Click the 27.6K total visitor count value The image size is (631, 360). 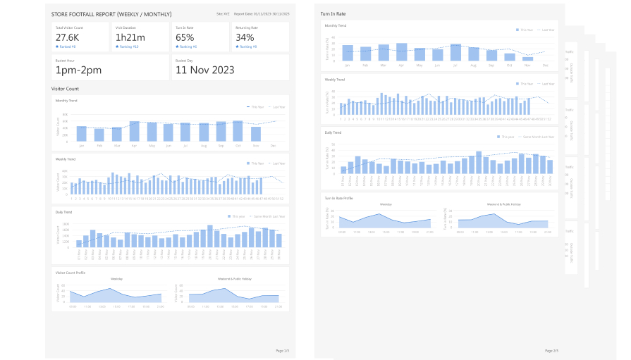67,37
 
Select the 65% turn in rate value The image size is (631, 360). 185,37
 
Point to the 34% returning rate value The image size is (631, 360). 245,37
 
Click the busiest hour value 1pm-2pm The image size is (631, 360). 79,70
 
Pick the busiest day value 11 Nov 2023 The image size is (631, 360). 205,70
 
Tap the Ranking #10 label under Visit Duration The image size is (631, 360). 129,46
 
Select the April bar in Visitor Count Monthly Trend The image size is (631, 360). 134,131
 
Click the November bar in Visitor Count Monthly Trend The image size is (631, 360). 256,134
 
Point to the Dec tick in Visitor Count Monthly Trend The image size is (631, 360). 273,146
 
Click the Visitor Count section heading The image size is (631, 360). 65,89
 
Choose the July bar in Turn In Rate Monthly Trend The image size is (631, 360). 455,53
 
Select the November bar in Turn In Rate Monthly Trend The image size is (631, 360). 527,59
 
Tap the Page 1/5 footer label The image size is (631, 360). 282,350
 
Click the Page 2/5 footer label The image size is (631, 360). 551,350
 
